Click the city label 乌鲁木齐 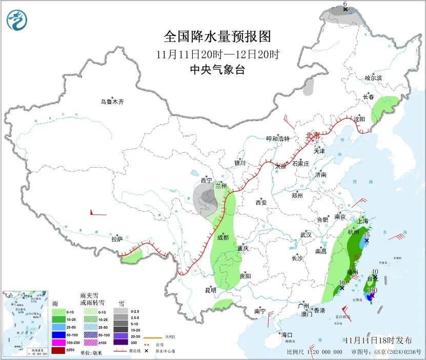(112, 102)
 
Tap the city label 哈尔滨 (373, 78)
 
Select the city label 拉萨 (117, 238)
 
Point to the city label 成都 (222, 237)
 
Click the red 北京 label (312, 135)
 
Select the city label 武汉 (306, 234)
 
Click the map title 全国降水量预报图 (217, 36)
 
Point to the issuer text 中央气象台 (217, 70)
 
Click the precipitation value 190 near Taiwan (372, 290)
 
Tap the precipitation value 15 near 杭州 (367, 235)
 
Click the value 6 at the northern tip (345, 4)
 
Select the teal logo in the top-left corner (17, 20)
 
